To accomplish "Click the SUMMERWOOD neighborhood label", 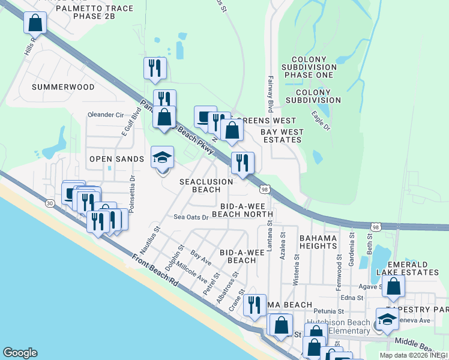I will pos(63,87).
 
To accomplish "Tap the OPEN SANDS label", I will pos(116,159).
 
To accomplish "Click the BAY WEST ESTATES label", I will pos(281,135).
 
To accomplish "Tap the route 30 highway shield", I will pos(49,203).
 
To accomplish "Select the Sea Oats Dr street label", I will pos(191,217).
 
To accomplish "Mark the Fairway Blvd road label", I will pos(271,98).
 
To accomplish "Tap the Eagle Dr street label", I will pos(321,120).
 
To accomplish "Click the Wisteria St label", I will pos(297,265).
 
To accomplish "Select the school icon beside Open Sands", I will pos(162,158).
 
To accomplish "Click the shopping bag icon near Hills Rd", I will pos(35,23).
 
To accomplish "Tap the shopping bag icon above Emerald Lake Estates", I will pos(393,286).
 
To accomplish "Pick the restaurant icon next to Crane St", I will pos(256,304).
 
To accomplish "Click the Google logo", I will pos(20,353).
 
